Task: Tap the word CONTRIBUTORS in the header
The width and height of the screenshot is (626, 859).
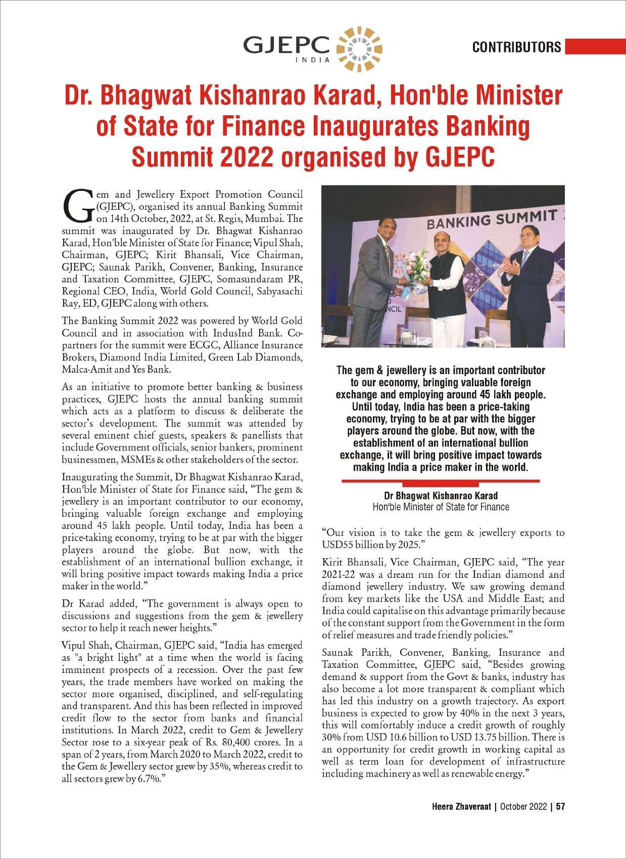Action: (x=516, y=47)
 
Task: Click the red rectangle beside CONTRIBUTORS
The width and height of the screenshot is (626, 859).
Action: (x=595, y=47)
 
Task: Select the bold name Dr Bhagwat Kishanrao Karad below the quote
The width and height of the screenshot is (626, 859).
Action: (x=441, y=495)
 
